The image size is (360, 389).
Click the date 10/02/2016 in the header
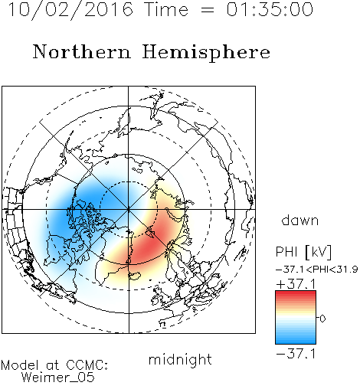tap(70, 10)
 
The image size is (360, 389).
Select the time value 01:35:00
tap(270, 9)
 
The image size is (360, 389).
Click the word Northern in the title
tap(82, 51)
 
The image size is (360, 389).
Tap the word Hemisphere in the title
tap(206, 52)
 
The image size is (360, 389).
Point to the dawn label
tap(300, 221)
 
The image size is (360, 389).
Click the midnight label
tap(180, 360)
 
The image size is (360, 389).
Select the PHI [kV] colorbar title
tap(303, 252)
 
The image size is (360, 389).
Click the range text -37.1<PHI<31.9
tap(316, 270)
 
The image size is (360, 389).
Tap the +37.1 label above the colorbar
tap(296, 284)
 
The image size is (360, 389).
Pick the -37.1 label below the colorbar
tap(296, 354)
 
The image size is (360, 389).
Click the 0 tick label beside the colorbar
tap(322, 319)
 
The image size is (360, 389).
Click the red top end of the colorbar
tap(296, 293)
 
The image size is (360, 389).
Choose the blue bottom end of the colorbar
tap(296, 342)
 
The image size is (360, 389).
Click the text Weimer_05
tap(58, 377)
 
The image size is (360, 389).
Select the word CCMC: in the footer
tap(87, 365)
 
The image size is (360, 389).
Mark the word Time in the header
tap(166, 9)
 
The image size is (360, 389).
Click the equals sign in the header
tap(208, 10)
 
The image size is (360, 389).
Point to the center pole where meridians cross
tap(129, 209)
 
